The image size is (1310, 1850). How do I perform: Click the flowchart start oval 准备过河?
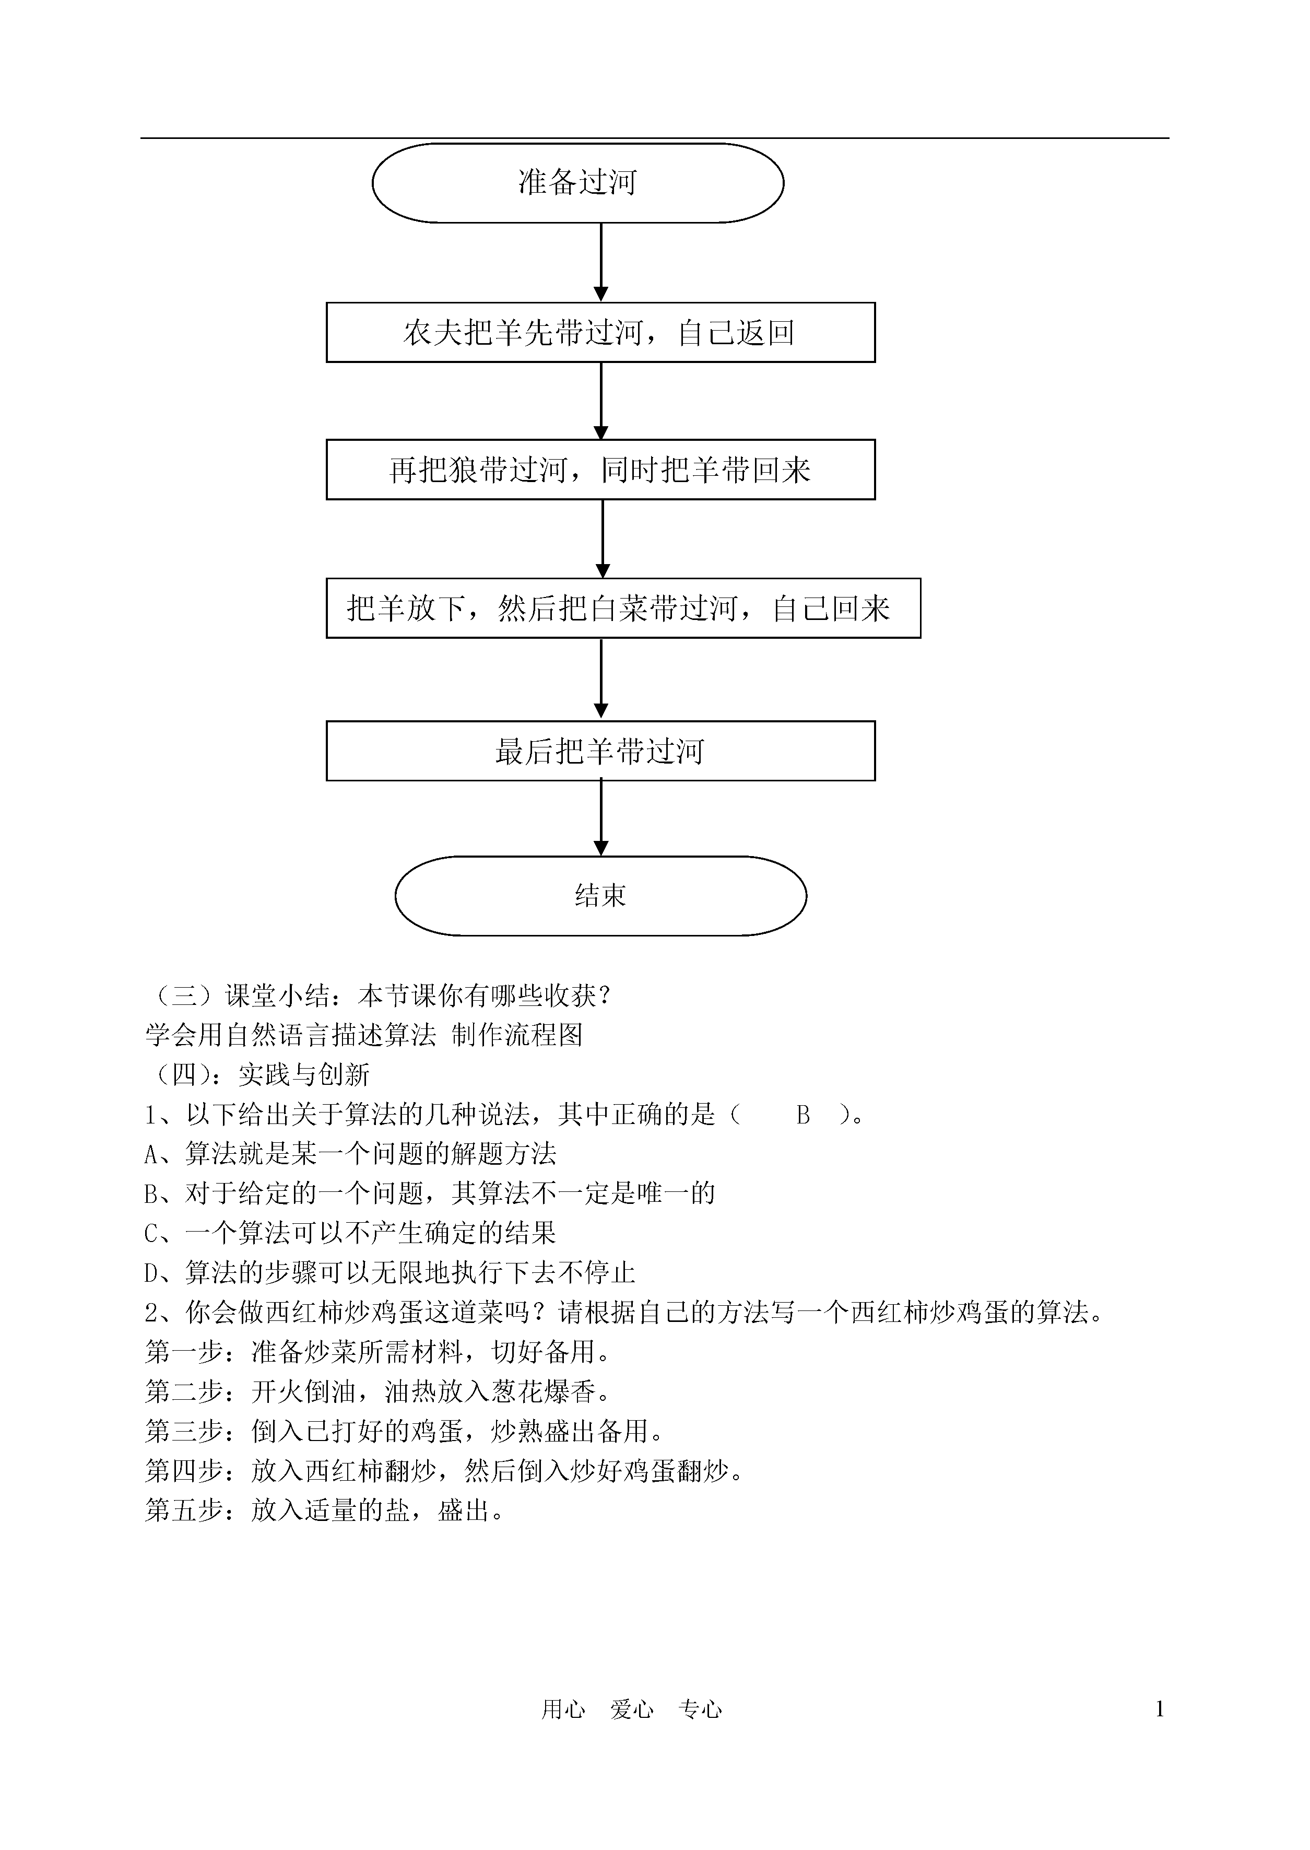point(577,183)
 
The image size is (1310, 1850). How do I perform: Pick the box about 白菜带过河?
point(623,608)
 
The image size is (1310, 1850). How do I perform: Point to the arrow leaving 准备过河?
point(601,262)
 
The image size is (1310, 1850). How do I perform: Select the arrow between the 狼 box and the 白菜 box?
point(602,539)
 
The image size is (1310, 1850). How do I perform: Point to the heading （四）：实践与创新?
point(257,1075)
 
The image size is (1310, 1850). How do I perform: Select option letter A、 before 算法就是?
point(164,1154)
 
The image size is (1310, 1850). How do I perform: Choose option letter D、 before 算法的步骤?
point(164,1273)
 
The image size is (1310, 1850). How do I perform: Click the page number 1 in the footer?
point(1160,1709)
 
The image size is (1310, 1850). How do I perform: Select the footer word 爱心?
point(632,1709)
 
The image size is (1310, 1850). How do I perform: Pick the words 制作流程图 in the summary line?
point(517,1035)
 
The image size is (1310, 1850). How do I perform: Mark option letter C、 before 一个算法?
point(164,1234)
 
